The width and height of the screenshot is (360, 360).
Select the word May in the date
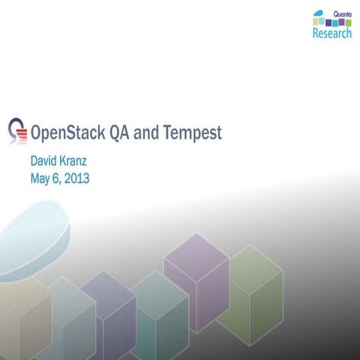click(x=40, y=178)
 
